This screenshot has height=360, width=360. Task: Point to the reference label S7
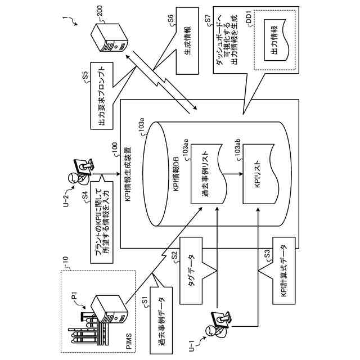pos(208,21)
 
